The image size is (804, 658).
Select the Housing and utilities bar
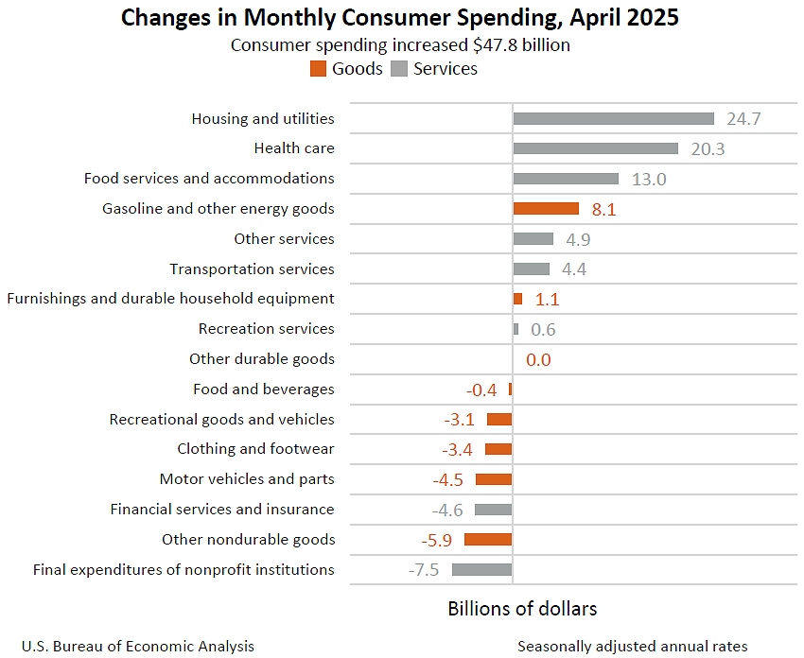pyautogui.click(x=613, y=118)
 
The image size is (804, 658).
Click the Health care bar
pyautogui.click(x=595, y=148)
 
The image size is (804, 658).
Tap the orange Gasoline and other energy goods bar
pyautogui.click(x=546, y=208)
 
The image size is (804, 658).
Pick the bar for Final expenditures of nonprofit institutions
pyautogui.click(x=481, y=569)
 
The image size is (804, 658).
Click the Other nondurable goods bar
pyautogui.click(x=487, y=539)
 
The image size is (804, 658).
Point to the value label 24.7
pyautogui.click(x=743, y=119)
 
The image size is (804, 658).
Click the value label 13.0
pyautogui.click(x=649, y=179)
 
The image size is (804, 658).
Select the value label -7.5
pyautogui.click(x=424, y=570)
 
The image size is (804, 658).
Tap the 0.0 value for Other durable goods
pyautogui.click(x=538, y=359)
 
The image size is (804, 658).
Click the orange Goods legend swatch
pyautogui.click(x=318, y=69)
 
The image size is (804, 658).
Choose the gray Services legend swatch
pyautogui.click(x=399, y=69)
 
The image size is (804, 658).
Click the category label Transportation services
pyautogui.click(x=252, y=268)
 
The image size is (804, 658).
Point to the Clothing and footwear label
pyautogui.click(x=255, y=448)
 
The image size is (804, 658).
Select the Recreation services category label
pyautogui.click(x=266, y=329)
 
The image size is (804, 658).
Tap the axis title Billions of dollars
pyautogui.click(x=522, y=608)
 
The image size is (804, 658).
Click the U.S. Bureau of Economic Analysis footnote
pyautogui.click(x=138, y=647)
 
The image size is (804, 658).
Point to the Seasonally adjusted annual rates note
pyautogui.click(x=632, y=647)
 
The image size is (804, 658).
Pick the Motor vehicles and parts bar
pyautogui.click(x=493, y=479)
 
